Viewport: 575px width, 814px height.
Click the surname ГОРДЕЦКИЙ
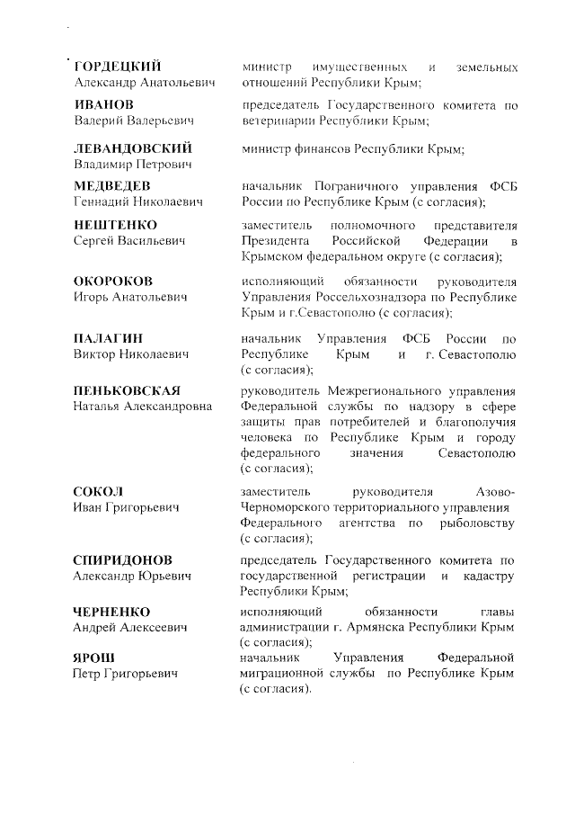tap(117, 67)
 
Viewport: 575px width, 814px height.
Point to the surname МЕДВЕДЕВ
tap(111, 185)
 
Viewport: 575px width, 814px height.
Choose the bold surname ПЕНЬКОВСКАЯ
tap(127, 389)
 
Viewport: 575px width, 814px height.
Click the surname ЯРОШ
tap(93, 657)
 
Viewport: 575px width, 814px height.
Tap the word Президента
tap(276, 242)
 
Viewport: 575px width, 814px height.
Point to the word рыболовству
tap(476, 523)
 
